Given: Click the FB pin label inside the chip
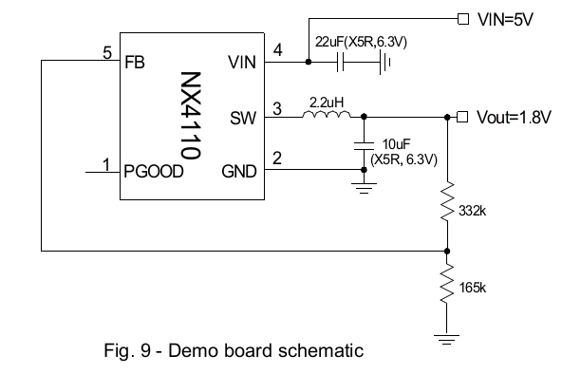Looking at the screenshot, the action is click(x=135, y=63).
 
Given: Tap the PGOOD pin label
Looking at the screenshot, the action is click(x=154, y=172).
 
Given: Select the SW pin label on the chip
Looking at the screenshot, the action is click(x=243, y=119).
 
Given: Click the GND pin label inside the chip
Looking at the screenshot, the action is click(x=239, y=172).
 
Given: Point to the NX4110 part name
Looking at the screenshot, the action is click(x=190, y=116).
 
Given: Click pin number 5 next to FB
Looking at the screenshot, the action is click(x=107, y=53).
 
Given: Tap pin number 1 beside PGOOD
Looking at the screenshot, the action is click(x=106, y=165).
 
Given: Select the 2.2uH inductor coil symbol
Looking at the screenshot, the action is click(x=327, y=114).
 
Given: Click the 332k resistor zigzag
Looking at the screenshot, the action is click(x=447, y=201).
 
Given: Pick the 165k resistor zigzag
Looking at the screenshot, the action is click(x=447, y=285).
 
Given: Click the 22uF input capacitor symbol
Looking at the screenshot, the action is click(x=341, y=62).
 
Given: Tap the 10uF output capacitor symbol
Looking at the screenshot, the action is click(x=364, y=145).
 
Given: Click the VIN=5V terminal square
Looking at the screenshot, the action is click(x=463, y=19).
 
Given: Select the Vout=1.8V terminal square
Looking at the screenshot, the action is click(x=462, y=117).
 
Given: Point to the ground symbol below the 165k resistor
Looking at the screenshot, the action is click(x=446, y=339).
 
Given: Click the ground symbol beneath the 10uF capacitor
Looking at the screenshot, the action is click(x=364, y=189).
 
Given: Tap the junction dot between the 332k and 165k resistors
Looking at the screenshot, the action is click(x=447, y=252).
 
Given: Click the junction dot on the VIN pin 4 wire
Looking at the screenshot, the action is click(x=309, y=62).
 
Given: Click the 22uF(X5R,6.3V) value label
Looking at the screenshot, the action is click(x=361, y=43).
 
